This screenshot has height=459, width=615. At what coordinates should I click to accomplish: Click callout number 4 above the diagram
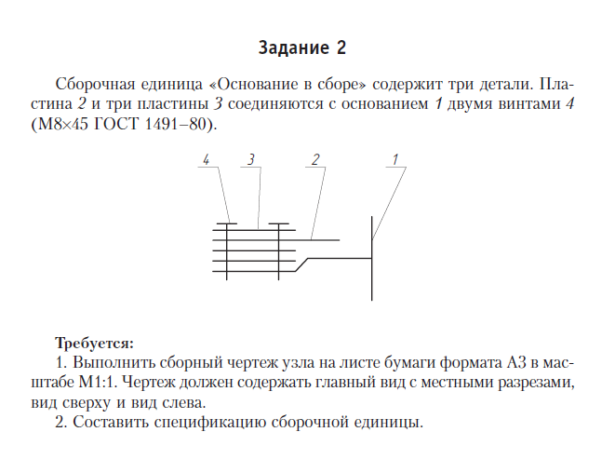[206, 159]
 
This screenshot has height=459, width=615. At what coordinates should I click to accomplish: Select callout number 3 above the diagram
[251, 159]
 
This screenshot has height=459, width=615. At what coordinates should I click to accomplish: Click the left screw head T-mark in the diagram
[229, 224]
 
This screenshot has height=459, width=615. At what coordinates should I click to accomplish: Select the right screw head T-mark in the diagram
[278, 224]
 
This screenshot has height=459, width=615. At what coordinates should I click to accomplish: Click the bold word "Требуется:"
[95, 342]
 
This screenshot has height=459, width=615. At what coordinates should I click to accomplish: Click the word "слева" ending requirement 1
[184, 402]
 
